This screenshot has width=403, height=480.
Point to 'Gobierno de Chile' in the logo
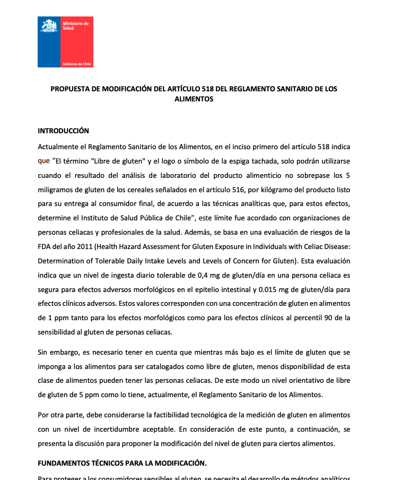point(77,64)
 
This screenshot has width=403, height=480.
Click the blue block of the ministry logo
point(49,48)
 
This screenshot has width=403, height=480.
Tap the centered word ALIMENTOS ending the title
point(194,99)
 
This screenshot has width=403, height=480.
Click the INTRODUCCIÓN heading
point(63,131)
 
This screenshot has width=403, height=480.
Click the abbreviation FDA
point(45,247)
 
